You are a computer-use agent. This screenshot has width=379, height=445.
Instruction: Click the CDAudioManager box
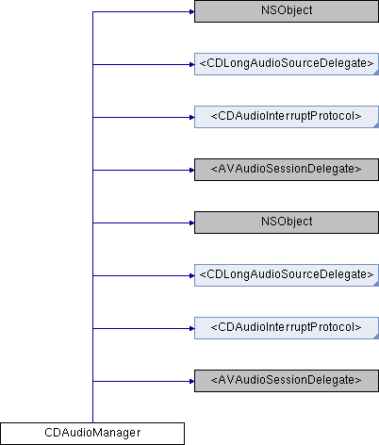tap(92, 434)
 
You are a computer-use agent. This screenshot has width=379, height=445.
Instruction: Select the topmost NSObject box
tap(287, 11)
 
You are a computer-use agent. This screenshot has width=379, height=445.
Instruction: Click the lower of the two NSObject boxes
tap(287, 222)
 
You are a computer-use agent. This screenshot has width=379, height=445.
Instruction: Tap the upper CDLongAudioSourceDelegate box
tap(287, 64)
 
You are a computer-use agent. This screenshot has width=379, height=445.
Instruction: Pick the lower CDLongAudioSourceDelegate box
tap(287, 275)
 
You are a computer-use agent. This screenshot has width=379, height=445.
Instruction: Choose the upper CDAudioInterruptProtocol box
tap(287, 117)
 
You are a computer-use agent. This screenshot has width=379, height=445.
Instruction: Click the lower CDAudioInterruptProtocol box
tap(287, 328)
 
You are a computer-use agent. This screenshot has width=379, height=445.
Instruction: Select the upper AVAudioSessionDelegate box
tap(287, 170)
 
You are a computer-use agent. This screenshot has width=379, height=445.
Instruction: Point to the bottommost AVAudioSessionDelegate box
tap(287, 381)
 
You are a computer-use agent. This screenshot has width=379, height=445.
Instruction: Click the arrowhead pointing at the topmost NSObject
tap(191, 12)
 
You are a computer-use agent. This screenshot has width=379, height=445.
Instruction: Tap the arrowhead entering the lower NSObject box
tap(191, 223)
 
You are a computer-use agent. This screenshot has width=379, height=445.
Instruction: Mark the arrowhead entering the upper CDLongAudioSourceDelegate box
tap(191, 65)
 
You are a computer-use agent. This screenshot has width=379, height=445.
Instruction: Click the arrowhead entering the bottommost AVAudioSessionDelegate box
tap(191, 382)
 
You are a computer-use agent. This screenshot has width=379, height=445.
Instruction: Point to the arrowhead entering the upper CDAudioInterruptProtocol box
tap(191, 118)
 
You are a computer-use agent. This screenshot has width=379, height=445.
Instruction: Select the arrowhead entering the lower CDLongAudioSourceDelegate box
tap(191, 276)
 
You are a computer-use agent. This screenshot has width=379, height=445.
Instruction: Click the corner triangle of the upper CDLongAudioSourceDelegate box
tap(376, 73)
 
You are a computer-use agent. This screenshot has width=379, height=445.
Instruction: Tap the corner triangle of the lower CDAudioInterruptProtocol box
tap(376, 337)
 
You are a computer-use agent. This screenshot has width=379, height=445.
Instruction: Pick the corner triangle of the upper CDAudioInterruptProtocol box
tap(376, 125)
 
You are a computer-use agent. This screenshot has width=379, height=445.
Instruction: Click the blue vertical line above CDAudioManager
tap(92, 217)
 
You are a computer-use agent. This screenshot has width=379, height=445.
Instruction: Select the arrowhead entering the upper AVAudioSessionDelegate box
tap(191, 171)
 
